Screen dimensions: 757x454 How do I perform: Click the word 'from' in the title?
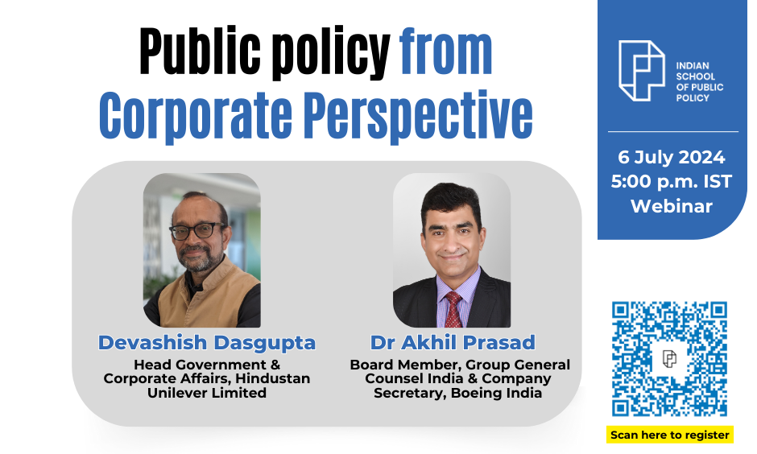click(445, 52)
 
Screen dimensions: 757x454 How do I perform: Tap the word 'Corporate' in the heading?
click(196, 116)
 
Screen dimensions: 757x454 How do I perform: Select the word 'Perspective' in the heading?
click(419, 116)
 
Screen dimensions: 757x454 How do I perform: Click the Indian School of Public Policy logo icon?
click(642, 71)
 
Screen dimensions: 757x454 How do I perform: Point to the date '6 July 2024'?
click(672, 157)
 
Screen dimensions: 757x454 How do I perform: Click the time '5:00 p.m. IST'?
click(672, 182)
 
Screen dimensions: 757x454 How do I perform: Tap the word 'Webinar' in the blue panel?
click(672, 207)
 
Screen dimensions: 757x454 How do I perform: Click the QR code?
click(669, 358)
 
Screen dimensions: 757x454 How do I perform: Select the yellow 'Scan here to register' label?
click(670, 435)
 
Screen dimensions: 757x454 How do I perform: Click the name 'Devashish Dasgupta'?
click(207, 343)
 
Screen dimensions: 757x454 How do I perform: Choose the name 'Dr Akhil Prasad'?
click(453, 343)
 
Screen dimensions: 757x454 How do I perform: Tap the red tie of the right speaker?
click(453, 309)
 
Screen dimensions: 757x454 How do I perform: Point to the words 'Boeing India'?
click(496, 393)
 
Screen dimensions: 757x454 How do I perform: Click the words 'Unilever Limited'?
click(207, 393)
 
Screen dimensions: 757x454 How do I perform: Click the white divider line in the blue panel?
click(673, 131)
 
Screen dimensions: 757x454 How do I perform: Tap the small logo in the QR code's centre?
click(669, 358)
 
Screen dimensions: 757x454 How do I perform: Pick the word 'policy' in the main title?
click(330, 54)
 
